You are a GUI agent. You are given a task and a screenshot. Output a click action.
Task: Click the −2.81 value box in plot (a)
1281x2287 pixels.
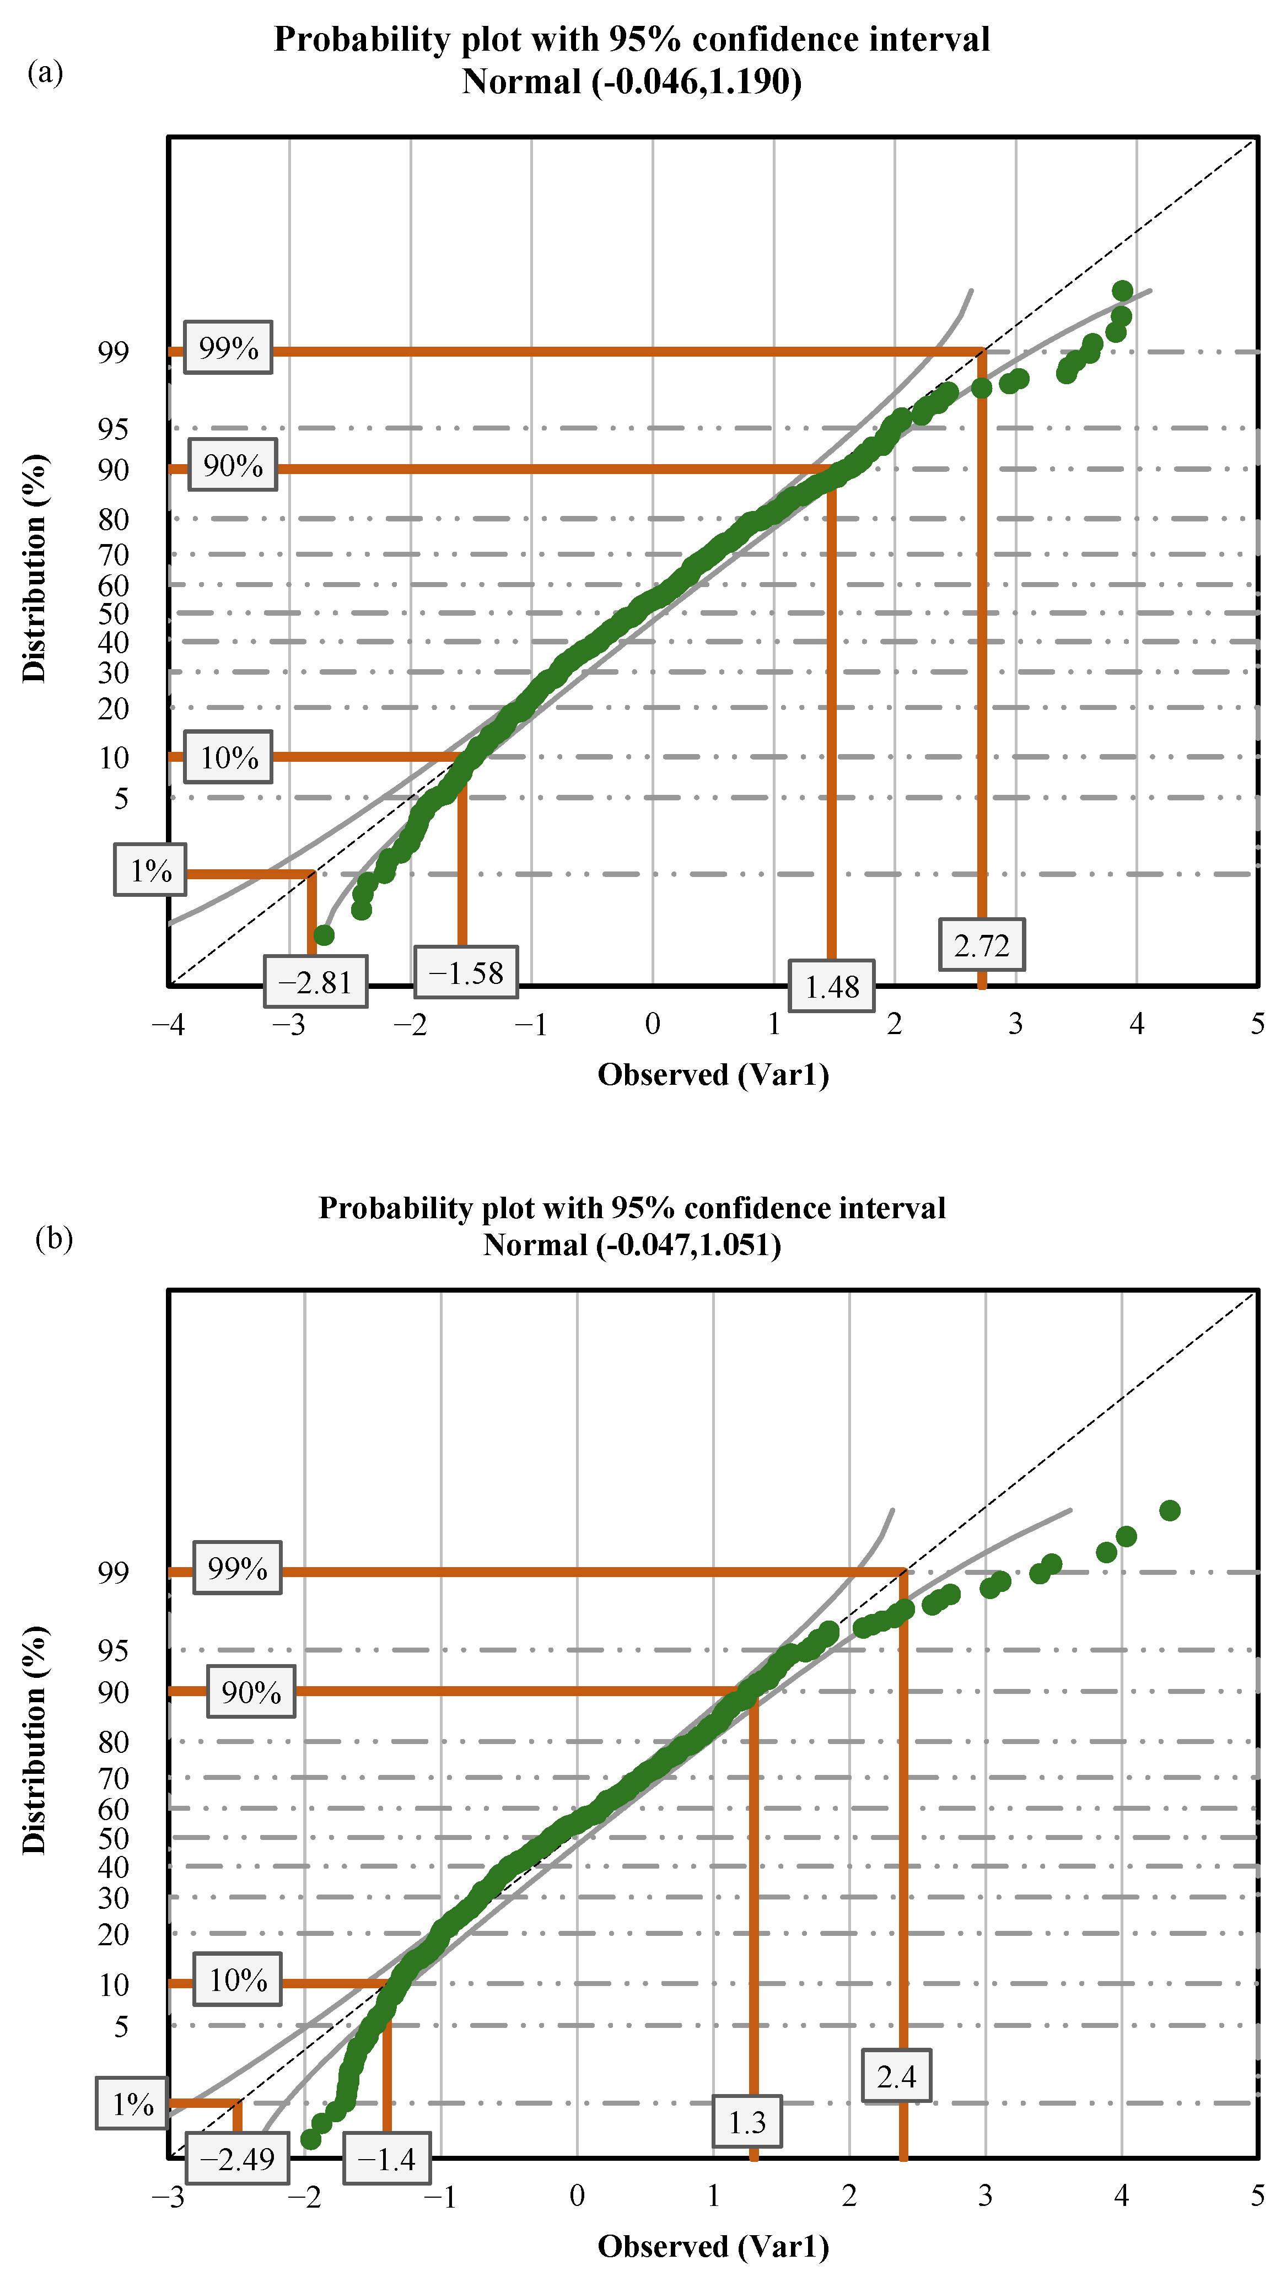[x=315, y=982]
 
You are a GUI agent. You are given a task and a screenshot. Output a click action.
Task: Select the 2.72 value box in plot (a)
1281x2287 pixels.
[x=981, y=945]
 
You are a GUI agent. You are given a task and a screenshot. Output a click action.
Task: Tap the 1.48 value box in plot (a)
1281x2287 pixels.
[x=832, y=986]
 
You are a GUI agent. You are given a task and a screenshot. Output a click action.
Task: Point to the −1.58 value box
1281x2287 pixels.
[x=466, y=972]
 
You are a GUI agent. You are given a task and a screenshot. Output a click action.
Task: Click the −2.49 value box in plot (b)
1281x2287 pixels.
[x=237, y=2157]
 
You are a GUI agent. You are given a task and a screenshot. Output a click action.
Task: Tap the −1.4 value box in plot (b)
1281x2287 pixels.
[x=386, y=2158]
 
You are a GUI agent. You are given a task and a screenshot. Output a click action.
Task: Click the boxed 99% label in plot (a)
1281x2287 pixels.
[x=228, y=347]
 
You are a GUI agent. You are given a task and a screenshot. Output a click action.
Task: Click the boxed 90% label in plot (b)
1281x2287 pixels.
[x=251, y=1691]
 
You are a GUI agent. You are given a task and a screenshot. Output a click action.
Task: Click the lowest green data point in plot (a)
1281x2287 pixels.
[x=324, y=935]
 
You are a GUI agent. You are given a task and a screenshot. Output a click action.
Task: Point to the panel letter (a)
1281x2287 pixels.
[x=45, y=72]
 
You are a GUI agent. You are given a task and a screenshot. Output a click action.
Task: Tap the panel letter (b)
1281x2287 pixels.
[x=53, y=1237]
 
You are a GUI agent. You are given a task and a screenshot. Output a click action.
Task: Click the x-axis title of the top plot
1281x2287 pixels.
[x=713, y=1074]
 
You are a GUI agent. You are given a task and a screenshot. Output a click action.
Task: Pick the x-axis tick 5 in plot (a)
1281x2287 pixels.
[x=1257, y=1024]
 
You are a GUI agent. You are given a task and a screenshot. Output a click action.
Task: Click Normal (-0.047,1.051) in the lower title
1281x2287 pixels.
[x=632, y=1245]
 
